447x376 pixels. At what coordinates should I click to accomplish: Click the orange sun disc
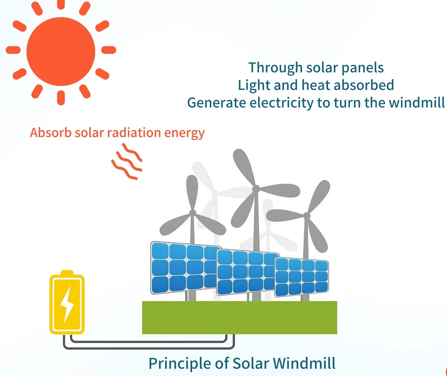61,51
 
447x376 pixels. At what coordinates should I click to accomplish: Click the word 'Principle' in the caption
180,363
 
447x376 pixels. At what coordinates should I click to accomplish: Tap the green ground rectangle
239,317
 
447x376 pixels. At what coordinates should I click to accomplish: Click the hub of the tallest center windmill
256,189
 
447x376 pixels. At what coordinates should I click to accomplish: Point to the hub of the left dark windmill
193,213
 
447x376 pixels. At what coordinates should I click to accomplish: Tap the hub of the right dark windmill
307,216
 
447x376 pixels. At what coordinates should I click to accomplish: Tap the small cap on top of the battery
67,273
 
